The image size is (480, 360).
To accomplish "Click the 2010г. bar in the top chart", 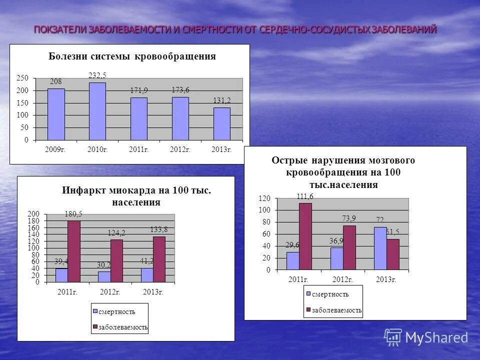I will tap(97, 111).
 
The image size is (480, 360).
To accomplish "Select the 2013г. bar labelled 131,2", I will tap(222, 124).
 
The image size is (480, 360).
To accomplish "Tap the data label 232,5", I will tap(97, 75).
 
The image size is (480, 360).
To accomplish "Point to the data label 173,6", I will tap(180, 90).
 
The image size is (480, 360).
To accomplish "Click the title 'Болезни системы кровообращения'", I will tap(132, 56).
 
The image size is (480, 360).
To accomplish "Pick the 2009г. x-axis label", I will tap(56, 149).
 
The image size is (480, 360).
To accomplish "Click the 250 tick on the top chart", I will tap(22, 78).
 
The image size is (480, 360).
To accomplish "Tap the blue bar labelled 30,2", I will tap(104, 276).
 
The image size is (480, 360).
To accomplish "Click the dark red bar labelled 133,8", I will tap(159, 259).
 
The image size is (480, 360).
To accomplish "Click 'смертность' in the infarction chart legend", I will tap(116, 311).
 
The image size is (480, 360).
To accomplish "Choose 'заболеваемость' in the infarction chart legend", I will tap(123, 327).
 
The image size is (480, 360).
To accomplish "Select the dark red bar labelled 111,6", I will tap(305, 236).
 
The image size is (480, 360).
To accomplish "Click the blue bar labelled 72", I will tap(380, 248).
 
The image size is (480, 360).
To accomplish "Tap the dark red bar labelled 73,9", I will tap(349, 247).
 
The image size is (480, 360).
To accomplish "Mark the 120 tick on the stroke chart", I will tap(264, 198).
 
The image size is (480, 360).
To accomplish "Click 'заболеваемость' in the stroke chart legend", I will tap(336, 310).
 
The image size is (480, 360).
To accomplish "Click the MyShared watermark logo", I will tap(426, 337).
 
